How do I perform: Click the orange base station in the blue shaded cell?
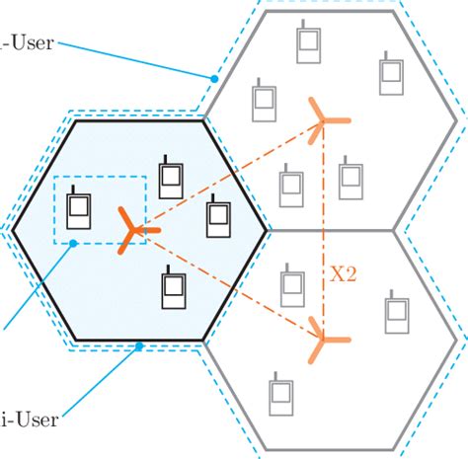point(129,230)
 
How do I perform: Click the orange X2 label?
point(343,273)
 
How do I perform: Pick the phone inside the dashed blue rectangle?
point(78,209)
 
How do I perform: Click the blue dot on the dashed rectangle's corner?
point(72,242)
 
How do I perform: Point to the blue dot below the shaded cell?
point(140,345)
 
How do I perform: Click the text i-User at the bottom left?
point(30,420)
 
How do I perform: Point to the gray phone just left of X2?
point(292,287)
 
